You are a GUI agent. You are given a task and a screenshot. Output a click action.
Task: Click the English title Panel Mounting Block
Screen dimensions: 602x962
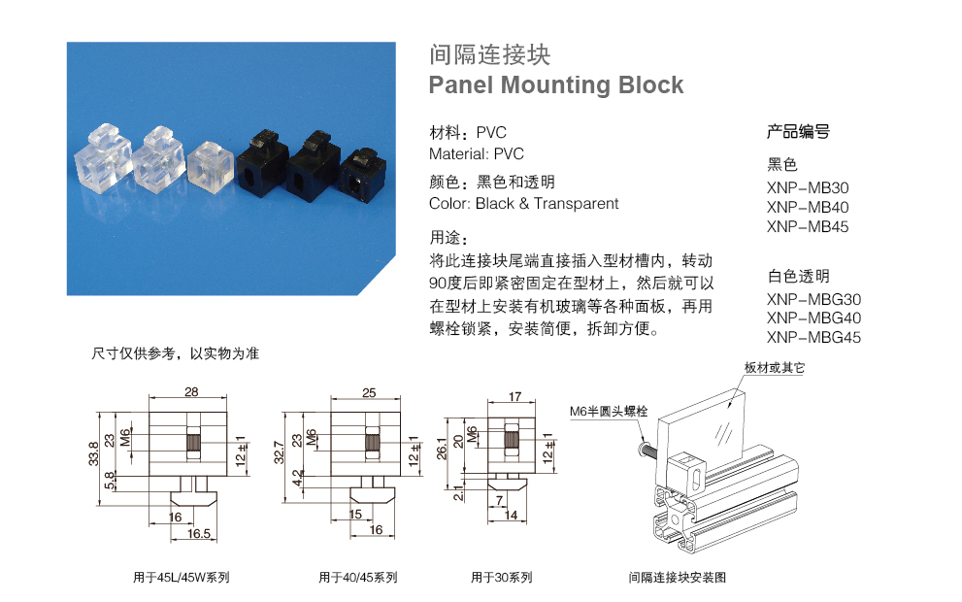point(556,85)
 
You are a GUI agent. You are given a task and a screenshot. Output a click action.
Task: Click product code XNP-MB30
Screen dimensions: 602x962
point(807,187)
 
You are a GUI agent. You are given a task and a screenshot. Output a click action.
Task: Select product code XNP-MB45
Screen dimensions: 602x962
point(807,227)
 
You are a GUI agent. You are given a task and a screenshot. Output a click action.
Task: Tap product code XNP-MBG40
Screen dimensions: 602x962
point(813,318)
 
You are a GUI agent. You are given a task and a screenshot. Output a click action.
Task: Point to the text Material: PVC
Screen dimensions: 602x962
point(476,153)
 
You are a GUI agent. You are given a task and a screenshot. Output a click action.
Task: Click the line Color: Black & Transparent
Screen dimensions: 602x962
point(523,204)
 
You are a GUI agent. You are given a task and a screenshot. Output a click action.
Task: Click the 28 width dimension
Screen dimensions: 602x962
point(190,392)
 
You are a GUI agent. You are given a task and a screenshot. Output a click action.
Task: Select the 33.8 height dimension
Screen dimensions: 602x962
point(92,452)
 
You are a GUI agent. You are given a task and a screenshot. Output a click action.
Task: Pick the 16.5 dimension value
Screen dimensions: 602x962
point(200,533)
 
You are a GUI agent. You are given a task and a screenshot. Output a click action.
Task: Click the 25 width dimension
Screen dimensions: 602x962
point(369,392)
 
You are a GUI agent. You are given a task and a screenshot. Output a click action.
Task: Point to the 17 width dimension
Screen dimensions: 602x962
point(515,396)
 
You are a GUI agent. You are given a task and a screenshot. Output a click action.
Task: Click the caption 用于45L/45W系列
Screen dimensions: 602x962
point(181,578)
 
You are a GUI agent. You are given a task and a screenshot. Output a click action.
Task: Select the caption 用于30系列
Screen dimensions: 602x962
point(501,578)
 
